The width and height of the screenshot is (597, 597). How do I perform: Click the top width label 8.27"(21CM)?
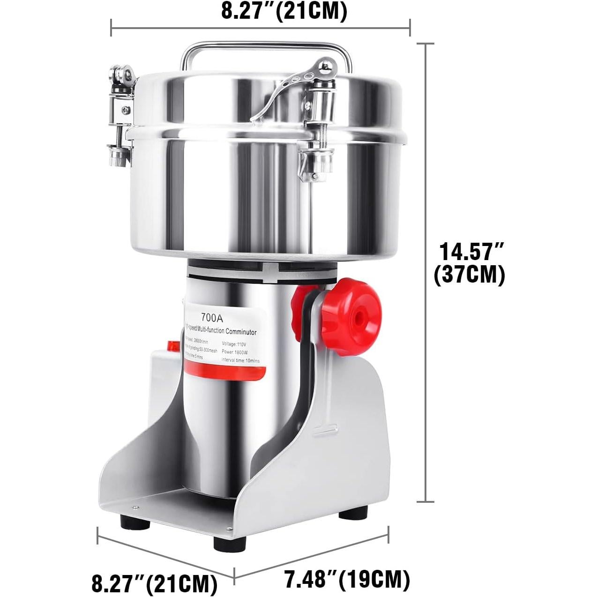pyautogui.click(x=284, y=12)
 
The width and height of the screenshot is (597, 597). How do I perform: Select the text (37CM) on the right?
pyautogui.click(x=470, y=275)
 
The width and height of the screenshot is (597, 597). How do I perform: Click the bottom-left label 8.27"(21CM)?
pyautogui.click(x=154, y=583)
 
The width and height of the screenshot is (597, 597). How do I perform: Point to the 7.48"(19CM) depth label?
pyautogui.click(x=347, y=580)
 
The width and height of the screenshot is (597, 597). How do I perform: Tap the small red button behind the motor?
pyautogui.click(x=172, y=347)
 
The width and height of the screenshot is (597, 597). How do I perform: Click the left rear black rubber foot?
pyautogui.click(x=131, y=521)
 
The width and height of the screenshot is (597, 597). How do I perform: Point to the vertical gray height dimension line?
pyautogui.click(x=425, y=272)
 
